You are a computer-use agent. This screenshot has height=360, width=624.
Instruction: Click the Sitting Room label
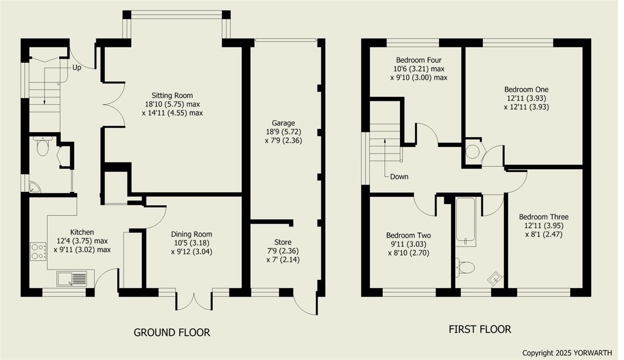(x=173, y=96)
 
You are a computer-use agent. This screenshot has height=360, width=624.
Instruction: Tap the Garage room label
(x=283, y=123)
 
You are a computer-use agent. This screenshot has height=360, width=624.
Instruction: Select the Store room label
(x=283, y=242)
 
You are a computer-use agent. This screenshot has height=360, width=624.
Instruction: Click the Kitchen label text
(x=82, y=232)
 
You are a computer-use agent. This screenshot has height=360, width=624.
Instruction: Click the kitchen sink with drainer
(x=72, y=278)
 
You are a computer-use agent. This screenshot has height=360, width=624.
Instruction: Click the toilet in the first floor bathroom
(x=465, y=267)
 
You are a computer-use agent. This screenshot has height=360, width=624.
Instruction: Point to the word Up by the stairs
(x=77, y=67)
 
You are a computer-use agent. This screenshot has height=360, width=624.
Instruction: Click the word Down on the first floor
(x=399, y=177)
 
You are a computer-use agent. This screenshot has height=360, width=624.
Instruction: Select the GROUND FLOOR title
(x=172, y=332)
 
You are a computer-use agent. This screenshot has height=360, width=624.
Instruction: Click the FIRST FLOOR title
(x=479, y=329)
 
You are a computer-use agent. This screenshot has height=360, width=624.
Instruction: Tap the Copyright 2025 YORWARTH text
(x=567, y=353)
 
